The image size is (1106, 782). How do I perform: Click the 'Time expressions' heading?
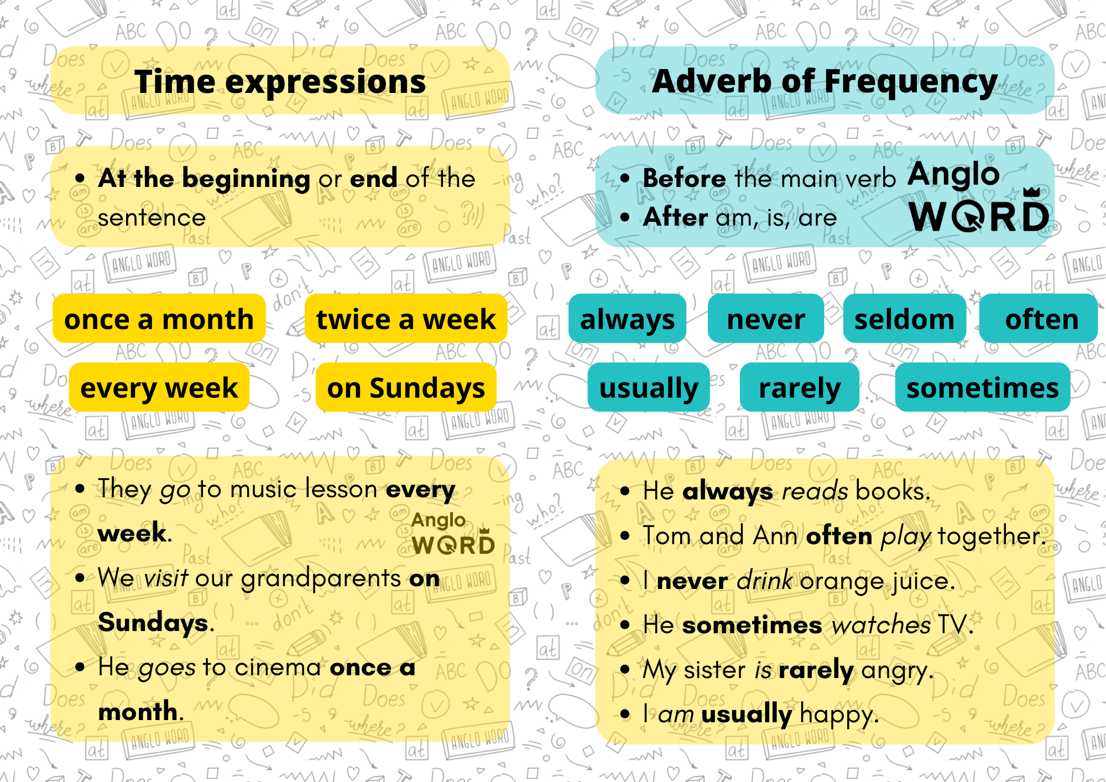[280, 81]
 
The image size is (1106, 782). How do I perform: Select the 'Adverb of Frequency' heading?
[825, 81]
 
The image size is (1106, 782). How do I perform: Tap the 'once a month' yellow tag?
[159, 319]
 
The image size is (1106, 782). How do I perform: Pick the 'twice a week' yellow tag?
[406, 319]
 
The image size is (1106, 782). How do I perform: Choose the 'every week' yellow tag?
[159, 387]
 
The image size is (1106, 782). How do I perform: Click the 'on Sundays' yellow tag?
[406, 387]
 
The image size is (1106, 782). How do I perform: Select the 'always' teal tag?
[628, 319]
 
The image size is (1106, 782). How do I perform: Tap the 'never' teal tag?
[766, 319]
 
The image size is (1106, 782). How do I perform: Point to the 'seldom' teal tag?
[905, 319]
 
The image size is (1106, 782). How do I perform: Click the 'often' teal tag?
[1039, 319]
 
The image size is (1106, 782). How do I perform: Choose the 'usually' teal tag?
[649, 387]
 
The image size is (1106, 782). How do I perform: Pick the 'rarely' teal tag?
[800, 387]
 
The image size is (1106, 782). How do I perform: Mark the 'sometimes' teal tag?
[983, 387]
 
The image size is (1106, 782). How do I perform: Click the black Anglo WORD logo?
[979, 196]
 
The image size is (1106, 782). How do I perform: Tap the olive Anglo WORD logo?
[453, 533]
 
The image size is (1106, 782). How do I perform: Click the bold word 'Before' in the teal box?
[684, 178]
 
